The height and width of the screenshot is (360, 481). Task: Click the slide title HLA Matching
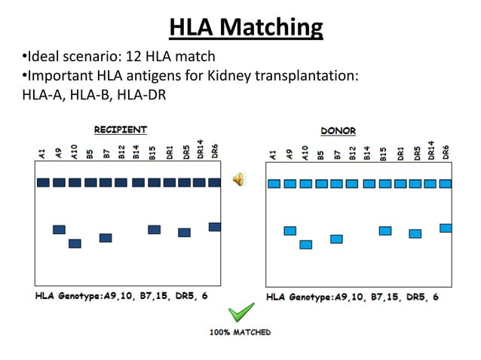pos(246,28)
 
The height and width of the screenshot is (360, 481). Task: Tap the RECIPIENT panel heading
pos(120,130)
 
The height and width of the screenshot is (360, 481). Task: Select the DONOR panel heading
pos(339,130)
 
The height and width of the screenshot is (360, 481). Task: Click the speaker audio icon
pos(238,178)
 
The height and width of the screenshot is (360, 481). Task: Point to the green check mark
pos(241,313)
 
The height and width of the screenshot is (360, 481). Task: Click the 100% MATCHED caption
pos(240,332)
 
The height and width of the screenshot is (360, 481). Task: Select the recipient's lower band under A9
pos(59,230)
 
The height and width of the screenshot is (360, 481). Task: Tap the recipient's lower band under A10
pos(75,243)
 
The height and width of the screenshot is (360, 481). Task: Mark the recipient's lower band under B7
pos(106,238)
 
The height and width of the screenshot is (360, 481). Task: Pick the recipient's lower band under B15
pos(154,230)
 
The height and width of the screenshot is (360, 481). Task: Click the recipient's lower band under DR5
pos(184,233)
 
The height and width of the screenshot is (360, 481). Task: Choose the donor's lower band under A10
pos(305,245)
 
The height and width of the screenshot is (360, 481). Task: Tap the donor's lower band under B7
pos(336,239)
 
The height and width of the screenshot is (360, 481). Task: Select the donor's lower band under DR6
pos(446,228)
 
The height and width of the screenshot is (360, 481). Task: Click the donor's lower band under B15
pos(384,230)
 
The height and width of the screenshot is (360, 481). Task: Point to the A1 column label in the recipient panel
pos(42,155)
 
